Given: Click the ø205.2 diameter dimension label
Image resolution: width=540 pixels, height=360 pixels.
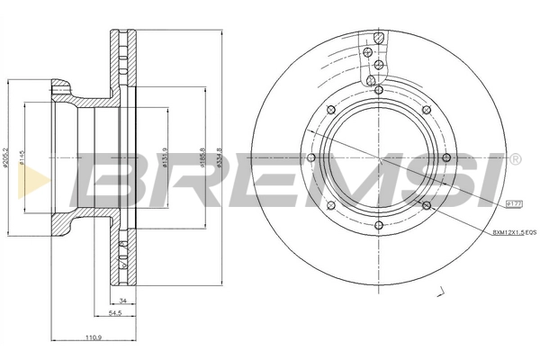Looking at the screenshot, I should click(8, 160).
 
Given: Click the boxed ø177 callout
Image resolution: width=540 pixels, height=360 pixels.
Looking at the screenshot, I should click(515, 205).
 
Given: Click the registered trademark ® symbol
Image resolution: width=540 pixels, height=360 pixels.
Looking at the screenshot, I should click(514, 158).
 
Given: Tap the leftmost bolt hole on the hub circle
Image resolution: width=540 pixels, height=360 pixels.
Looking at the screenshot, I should click(310, 159).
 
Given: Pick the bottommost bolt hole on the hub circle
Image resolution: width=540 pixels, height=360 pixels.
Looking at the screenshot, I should click(377, 227).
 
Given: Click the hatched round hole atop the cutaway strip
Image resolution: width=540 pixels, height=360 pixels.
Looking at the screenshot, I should click(380, 38).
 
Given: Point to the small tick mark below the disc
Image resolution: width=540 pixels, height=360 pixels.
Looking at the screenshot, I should click(441, 291).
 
